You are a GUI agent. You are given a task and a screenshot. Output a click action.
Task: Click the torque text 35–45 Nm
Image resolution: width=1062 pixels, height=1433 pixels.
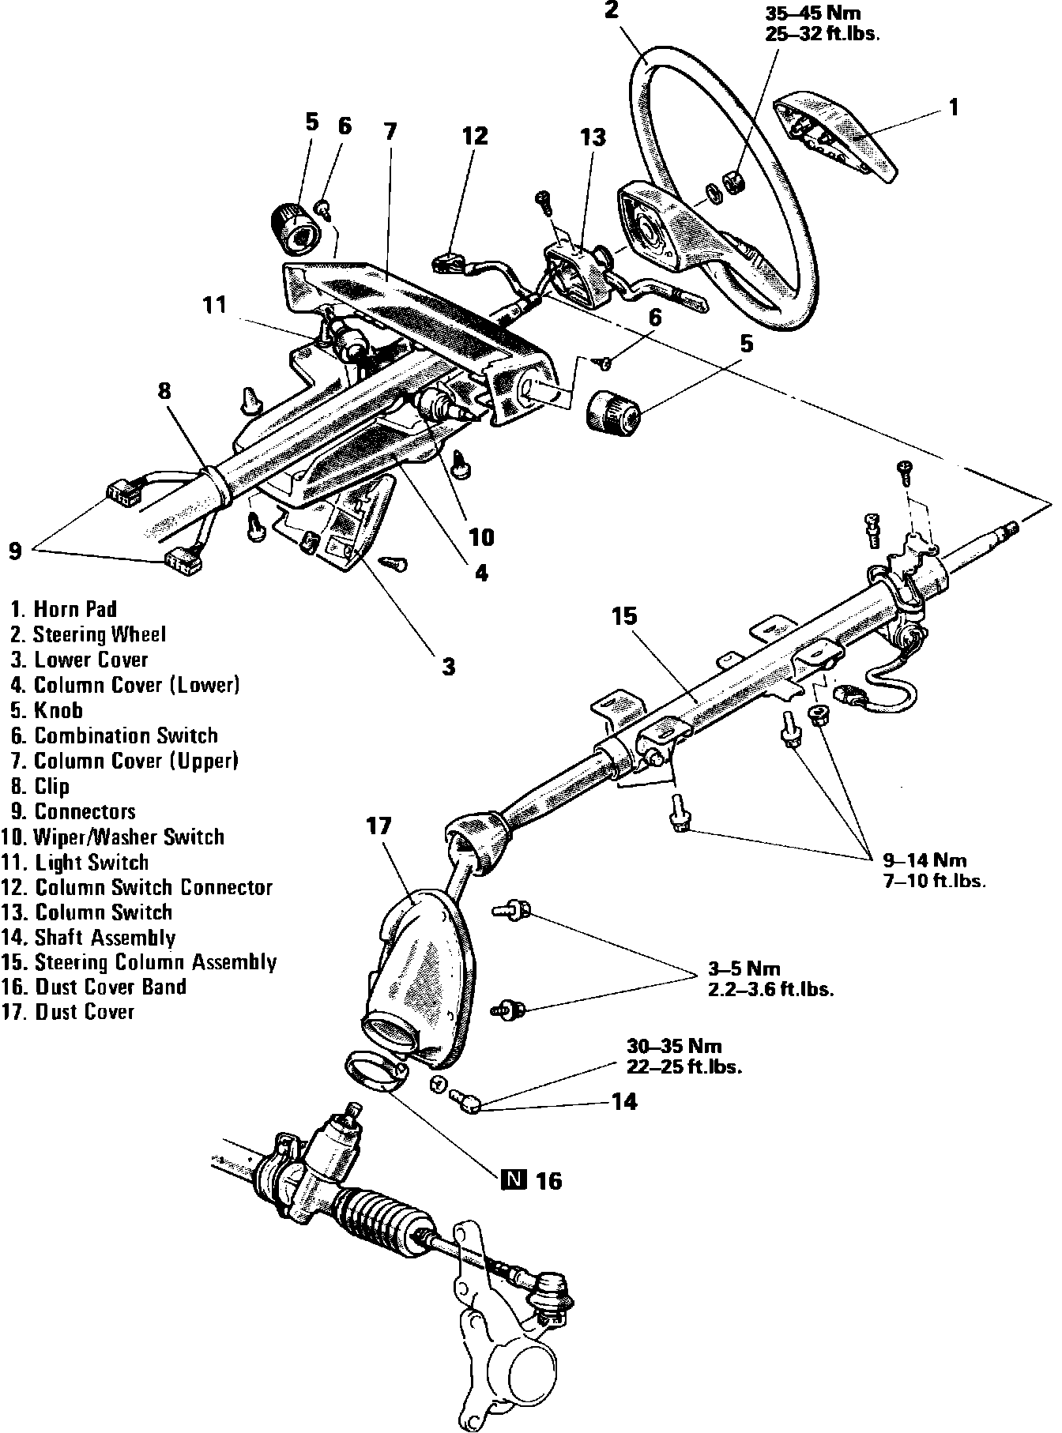[812, 13]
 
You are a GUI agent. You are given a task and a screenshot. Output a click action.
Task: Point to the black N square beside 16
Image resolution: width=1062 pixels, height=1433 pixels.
[513, 1180]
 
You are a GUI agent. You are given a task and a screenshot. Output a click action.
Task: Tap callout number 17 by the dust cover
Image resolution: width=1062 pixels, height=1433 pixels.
[379, 827]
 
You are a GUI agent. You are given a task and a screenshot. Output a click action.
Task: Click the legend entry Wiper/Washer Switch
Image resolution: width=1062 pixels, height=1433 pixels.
[129, 837]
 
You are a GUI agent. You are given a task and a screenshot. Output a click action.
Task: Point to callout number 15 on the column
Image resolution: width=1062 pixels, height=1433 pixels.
[624, 616]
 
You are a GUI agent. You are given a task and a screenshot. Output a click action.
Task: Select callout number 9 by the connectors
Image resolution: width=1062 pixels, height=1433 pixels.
[15, 551]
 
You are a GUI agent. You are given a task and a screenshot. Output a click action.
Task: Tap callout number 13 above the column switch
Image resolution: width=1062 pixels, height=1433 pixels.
[593, 137]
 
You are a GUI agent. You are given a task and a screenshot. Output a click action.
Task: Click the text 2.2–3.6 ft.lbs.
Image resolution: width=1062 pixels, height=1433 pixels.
[770, 989]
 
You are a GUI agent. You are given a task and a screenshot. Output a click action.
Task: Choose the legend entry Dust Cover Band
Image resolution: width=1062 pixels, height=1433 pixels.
[110, 987]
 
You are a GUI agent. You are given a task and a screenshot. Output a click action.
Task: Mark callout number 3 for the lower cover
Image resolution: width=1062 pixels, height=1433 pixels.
[449, 667]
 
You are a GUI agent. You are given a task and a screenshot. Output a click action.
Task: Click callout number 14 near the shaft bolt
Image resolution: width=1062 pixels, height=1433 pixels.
[624, 1101]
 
